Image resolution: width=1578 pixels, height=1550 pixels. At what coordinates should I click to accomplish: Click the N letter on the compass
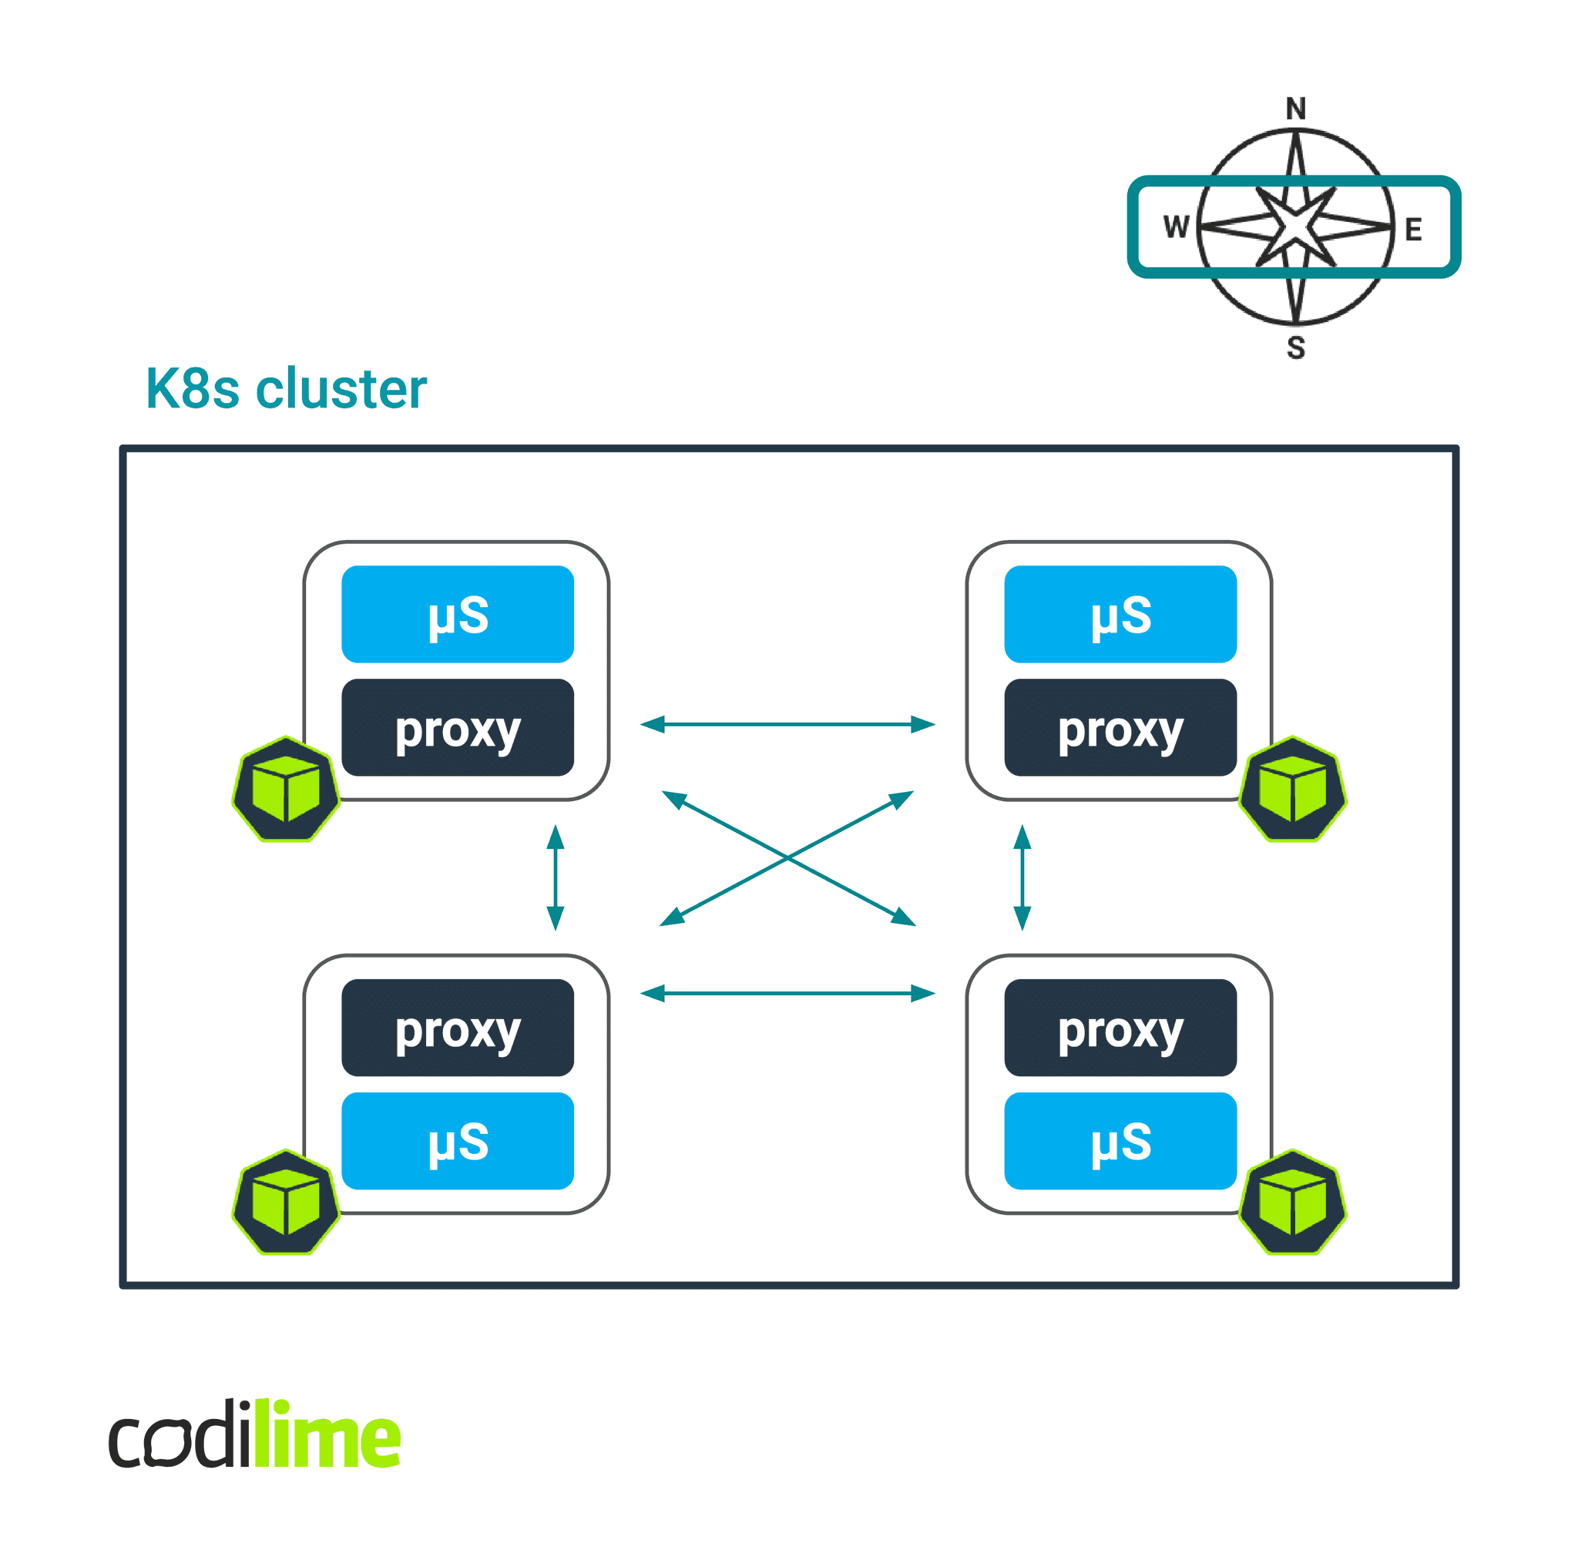click(1295, 109)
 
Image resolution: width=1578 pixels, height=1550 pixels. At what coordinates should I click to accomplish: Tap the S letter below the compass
click(1295, 347)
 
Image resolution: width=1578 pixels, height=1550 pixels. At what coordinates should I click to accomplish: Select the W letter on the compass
click(1176, 226)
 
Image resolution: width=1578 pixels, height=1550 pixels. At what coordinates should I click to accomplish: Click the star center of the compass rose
click(1294, 226)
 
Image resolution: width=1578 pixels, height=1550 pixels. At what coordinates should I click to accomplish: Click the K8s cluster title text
click(286, 388)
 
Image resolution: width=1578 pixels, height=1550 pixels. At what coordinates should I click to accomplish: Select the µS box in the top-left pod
click(458, 614)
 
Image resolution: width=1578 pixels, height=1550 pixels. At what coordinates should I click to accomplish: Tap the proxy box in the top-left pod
click(458, 727)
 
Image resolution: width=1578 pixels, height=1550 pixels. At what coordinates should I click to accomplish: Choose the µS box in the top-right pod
click(1120, 614)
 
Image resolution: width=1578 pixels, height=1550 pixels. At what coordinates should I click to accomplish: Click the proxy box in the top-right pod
click(1120, 727)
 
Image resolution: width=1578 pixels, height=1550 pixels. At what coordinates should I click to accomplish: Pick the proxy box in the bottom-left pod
click(458, 1028)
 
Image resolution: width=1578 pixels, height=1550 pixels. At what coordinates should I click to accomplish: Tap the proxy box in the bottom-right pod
click(1120, 1028)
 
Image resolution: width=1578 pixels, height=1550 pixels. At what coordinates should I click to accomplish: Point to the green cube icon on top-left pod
click(286, 789)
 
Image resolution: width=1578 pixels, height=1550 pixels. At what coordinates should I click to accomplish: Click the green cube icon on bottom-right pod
click(1292, 1203)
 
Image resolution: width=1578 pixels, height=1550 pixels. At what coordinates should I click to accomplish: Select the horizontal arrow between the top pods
click(787, 723)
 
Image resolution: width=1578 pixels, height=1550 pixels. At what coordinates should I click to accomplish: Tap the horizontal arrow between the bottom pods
click(787, 993)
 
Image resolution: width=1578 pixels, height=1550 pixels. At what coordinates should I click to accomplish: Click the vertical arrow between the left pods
click(556, 877)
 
